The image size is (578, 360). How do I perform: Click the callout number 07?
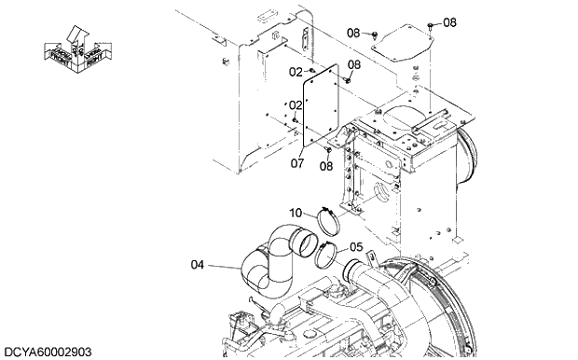[x=297, y=162]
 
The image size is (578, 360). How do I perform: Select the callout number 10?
[x=295, y=213]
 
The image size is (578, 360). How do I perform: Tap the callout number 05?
[x=355, y=247]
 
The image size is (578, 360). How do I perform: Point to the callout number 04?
[x=197, y=265]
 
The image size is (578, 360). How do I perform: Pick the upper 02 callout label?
[x=295, y=72]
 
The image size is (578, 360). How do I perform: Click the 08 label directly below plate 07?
[x=325, y=166]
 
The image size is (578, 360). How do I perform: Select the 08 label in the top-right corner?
[x=449, y=21]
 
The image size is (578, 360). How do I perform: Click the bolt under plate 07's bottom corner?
[x=329, y=149]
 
